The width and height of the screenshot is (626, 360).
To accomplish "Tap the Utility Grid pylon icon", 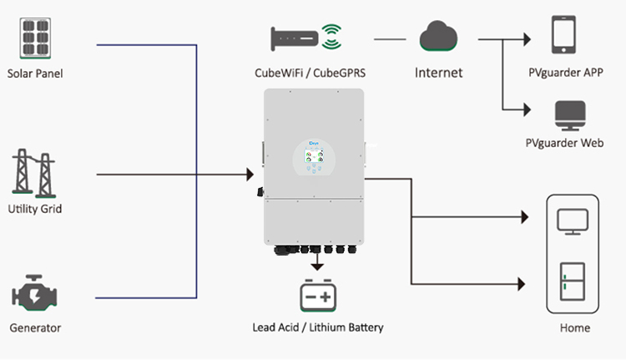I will pos(34,172).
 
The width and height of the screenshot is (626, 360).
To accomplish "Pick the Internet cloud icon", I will pos(439,38).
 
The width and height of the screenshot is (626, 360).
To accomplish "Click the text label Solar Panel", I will pos(35,74).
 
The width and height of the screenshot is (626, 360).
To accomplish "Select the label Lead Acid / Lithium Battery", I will pos(318,327).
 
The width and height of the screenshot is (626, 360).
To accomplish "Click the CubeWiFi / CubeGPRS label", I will pos(310,73).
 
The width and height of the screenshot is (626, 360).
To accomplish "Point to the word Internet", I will pos(439,73).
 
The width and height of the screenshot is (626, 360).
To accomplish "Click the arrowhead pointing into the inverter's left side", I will pos(250,175).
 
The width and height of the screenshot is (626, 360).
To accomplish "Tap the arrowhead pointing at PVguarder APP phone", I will pos(527,38).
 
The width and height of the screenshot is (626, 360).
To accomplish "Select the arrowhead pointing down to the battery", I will pos(318,266).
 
